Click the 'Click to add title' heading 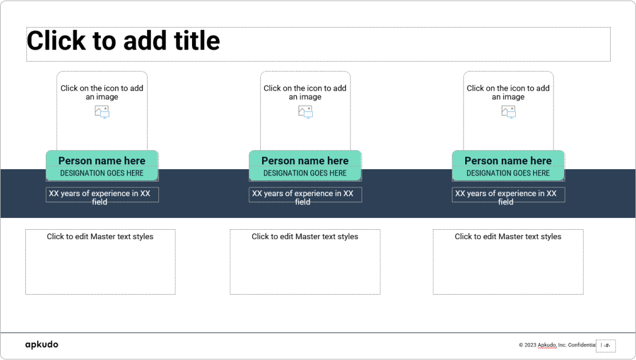124,41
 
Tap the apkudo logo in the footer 41,345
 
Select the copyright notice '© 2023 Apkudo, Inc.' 556,345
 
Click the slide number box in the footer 606,346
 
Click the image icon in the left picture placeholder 102,111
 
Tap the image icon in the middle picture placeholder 305,111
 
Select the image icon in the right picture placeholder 508,111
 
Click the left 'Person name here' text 102,161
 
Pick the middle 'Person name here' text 305,161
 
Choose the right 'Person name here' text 508,161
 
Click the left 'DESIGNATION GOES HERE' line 102,173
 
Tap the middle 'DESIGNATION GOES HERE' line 305,173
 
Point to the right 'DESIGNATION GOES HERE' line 508,173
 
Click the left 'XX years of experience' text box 102,195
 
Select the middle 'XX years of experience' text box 305,195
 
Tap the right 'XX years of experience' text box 508,195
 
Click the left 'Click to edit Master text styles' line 100,237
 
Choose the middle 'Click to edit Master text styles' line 305,237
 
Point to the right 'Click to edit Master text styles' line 508,237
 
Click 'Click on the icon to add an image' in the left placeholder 102,93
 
